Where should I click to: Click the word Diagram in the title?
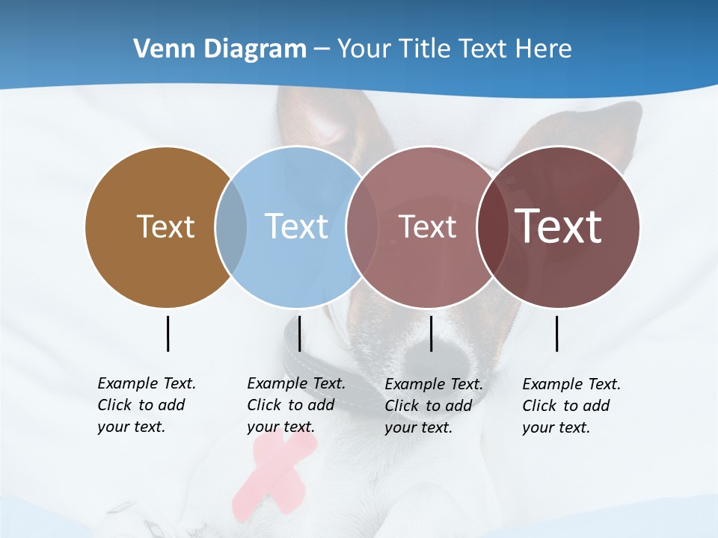tap(251, 49)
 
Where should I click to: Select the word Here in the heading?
tap(544, 49)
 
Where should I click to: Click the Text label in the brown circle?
tap(165, 226)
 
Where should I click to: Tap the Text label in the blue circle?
tap(297, 226)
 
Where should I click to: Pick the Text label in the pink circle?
tap(427, 226)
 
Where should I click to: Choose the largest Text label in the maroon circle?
tap(559, 226)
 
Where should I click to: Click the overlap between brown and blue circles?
tap(231, 226)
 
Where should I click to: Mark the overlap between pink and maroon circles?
tap(492, 226)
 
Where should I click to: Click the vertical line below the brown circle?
tap(168, 333)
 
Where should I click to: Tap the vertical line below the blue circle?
tap(299, 333)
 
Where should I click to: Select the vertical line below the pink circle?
tap(431, 333)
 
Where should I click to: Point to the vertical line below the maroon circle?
tap(556, 333)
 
